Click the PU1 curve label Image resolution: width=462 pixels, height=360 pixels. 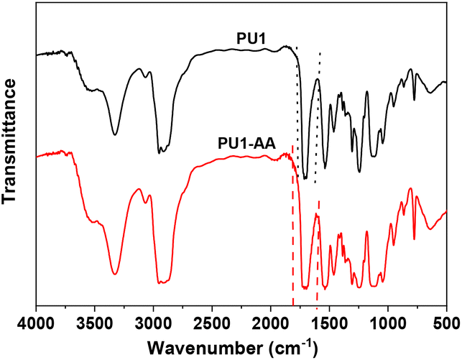251,37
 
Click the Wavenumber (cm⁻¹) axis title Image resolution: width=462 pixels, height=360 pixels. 241,347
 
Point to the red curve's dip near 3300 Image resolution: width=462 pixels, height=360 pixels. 116,273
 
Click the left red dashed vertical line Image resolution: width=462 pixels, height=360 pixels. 292,230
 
